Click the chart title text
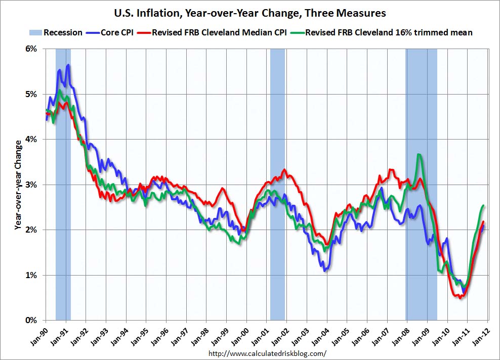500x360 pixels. (249, 12)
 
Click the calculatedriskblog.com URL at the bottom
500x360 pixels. (267, 353)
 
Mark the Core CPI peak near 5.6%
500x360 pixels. (68, 65)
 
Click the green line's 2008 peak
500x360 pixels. (419, 154)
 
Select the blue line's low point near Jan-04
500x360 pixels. (324, 271)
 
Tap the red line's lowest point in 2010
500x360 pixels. (460, 298)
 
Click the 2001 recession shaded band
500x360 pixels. (277, 185)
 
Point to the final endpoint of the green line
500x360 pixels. (484, 205)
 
